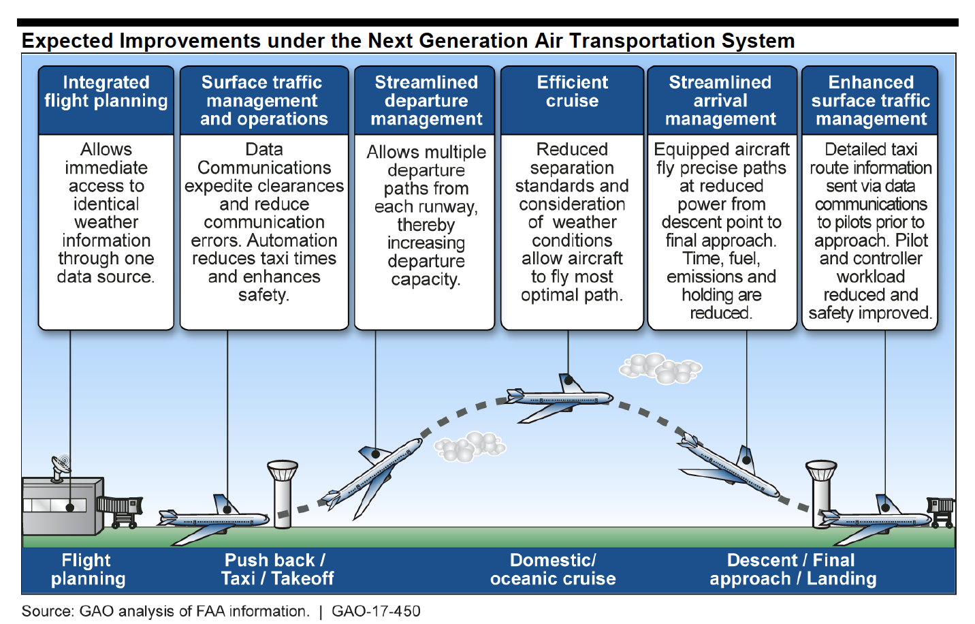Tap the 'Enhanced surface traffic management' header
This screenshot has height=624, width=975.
870,101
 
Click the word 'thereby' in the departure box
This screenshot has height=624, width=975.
426,225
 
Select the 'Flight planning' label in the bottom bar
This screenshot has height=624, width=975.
88,570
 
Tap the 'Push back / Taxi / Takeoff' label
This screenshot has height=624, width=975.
277,570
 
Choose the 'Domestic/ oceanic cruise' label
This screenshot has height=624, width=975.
553,570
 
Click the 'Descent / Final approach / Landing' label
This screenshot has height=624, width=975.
793,570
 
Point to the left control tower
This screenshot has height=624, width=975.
283,493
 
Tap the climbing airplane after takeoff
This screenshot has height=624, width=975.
371,477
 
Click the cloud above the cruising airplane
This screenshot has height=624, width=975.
659,368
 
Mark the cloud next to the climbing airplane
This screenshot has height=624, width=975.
470,446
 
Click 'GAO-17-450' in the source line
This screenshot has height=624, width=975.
376,611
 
